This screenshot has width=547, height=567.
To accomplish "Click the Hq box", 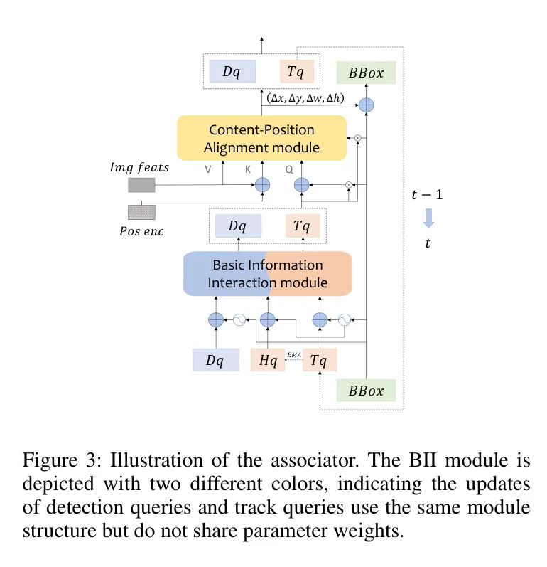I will point(267,360).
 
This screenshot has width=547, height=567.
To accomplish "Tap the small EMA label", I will point(293,354).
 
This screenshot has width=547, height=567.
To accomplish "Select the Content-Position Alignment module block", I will point(261,139).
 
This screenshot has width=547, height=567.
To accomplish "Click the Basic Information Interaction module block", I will point(267,274).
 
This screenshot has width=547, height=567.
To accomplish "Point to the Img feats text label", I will point(139,167).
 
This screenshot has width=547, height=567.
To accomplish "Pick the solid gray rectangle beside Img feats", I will point(141,186).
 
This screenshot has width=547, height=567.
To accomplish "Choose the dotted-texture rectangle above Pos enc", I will point(141,212).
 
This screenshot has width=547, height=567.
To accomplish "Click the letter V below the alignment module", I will point(208,171).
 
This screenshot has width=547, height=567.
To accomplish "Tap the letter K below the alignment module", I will point(248,171).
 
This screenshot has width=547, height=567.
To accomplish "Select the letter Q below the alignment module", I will point(289,171).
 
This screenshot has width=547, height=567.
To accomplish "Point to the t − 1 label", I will point(428,195).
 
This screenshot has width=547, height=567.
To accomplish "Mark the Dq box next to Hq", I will point(216,360).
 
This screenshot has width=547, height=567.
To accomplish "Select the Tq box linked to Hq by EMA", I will point(320,360).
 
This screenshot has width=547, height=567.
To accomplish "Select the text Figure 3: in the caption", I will point(55,458).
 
